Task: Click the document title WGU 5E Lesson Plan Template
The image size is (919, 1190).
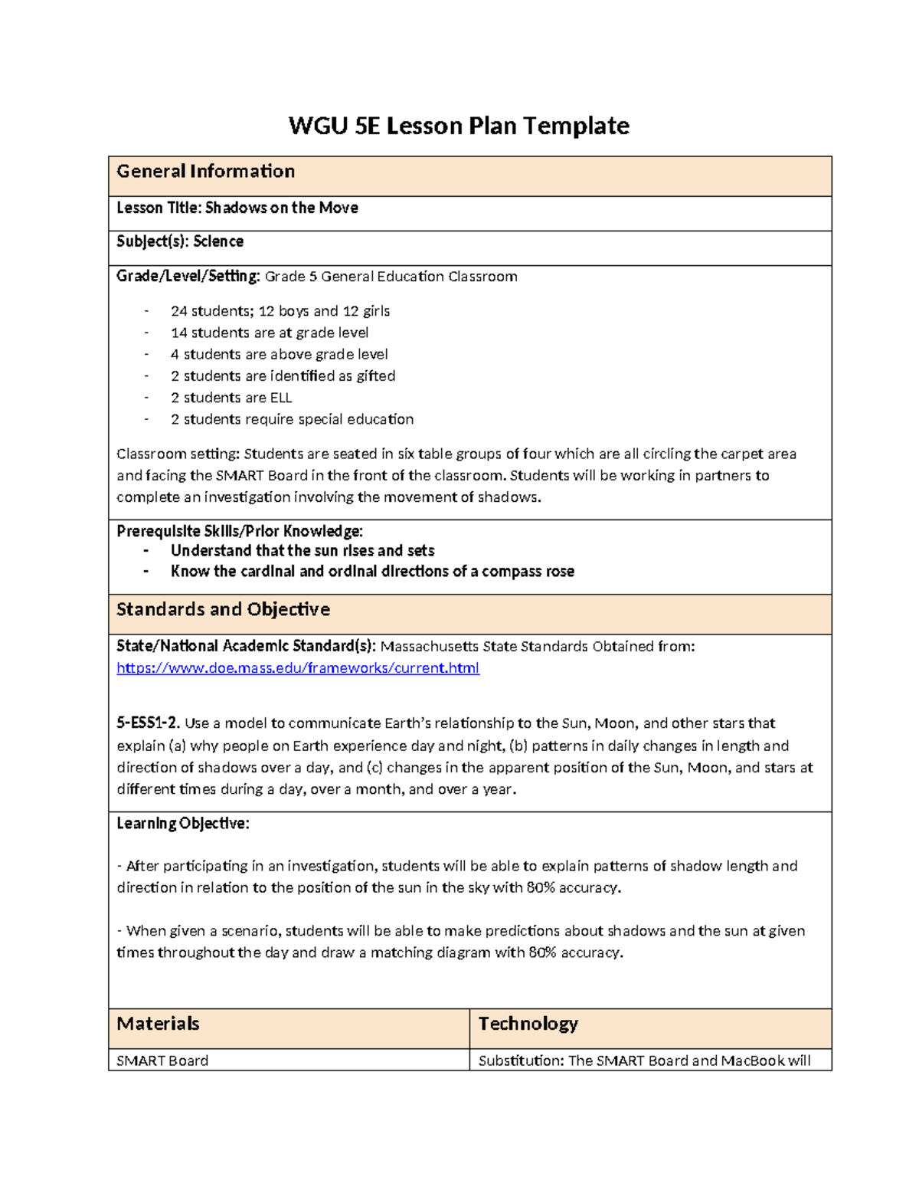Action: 459,126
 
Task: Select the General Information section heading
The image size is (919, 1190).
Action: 205,172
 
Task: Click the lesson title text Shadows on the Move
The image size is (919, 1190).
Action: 281,208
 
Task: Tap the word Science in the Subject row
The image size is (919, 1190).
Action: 218,241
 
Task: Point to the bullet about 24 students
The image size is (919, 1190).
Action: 280,311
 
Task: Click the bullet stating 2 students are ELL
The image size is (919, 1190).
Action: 231,398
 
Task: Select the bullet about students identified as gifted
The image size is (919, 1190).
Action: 283,376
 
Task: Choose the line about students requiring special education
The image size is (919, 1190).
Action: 292,419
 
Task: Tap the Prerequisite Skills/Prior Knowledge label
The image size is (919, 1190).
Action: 239,531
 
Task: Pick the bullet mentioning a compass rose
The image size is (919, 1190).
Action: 372,572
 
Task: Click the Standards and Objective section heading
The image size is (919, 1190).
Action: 223,610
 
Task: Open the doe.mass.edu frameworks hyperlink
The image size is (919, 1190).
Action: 298,668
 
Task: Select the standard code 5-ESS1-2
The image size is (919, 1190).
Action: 148,723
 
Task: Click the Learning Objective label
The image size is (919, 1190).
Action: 182,824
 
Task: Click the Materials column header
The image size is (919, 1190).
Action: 158,1024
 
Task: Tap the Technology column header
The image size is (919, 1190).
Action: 528,1024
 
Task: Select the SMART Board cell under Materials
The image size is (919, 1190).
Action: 162,1061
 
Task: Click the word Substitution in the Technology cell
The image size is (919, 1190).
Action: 519,1061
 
